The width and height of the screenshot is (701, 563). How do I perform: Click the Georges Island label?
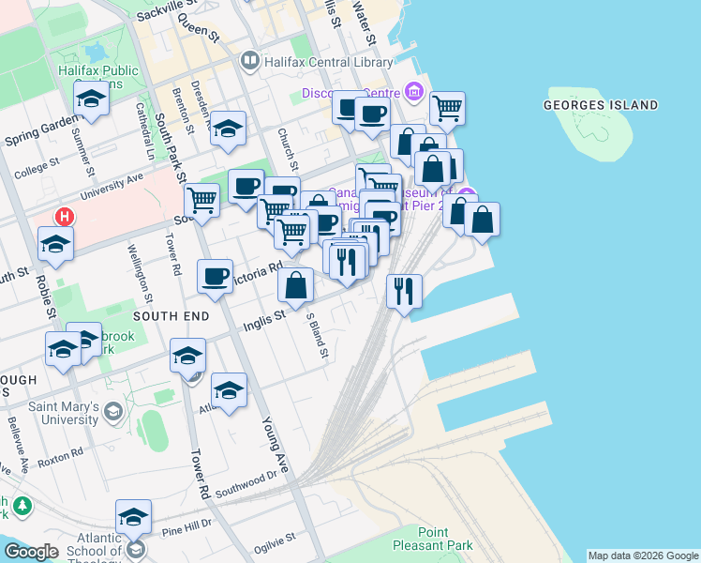(601, 105)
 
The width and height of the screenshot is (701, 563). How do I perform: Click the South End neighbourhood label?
(171, 317)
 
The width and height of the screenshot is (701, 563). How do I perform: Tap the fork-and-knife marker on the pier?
(405, 290)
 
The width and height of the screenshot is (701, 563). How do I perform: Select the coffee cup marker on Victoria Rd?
(216, 276)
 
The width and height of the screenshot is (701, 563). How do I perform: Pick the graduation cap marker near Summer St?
(91, 99)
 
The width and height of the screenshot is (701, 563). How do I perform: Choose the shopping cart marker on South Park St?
(201, 200)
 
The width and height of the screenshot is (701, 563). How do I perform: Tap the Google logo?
(31, 552)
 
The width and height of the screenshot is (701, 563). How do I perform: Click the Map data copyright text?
(644, 556)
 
